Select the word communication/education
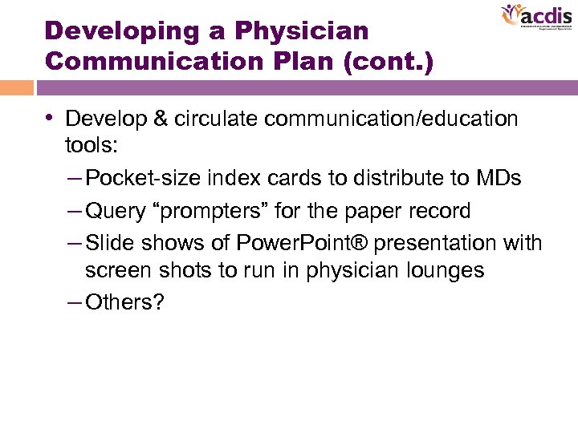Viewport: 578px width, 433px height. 392,119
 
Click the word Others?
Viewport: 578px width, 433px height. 124,303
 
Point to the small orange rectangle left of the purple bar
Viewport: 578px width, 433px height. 16,87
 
